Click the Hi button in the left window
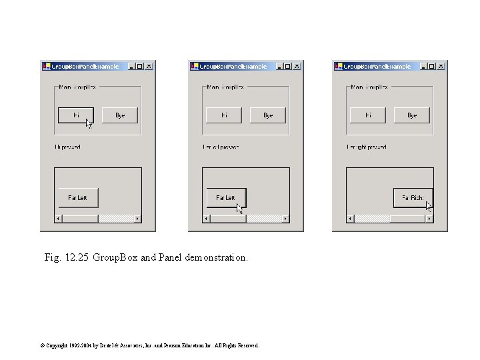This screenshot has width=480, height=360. point(75,115)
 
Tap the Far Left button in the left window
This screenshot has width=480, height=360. point(77,198)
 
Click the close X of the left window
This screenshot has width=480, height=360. point(149,67)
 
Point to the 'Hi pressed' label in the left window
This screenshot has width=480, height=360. point(68,147)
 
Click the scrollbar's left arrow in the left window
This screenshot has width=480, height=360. point(58,219)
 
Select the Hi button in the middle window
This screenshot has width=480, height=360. point(223,115)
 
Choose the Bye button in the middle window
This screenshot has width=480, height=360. point(267,115)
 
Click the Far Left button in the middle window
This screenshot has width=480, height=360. point(225,198)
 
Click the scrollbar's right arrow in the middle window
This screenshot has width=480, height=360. point(285,219)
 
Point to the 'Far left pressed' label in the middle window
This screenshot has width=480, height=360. point(221,147)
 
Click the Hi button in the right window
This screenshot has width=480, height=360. point(368,115)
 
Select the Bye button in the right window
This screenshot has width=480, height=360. point(411,115)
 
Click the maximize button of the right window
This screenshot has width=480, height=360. point(432,67)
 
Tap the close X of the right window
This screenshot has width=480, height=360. point(441,67)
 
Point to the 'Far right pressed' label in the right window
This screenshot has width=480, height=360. point(366,147)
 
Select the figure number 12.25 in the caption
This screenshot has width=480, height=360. point(77,257)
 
